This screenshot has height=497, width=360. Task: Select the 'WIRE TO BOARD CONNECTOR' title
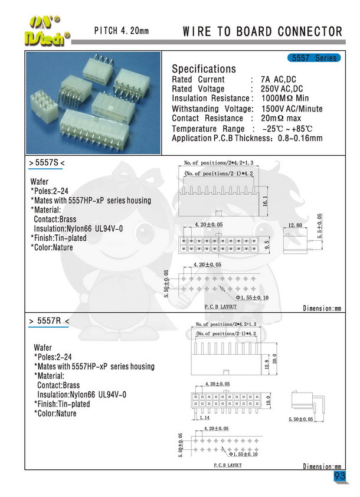click(x=263, y=31)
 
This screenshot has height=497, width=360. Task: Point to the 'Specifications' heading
click(x=204, y=69)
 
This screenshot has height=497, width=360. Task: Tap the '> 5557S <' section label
click(x=45, y=162)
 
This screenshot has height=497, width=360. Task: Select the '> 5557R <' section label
click(x=49, y=321)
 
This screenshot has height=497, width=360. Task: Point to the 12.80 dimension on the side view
click(x=296, y=225)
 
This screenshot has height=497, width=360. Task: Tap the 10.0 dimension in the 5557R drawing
click(x=268, y=401)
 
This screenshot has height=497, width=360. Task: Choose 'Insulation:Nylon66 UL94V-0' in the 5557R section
click(x=82, y=394)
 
